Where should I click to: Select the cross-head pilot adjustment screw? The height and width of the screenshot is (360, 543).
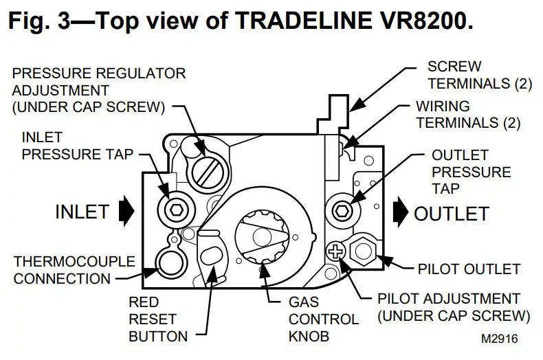point(337,251)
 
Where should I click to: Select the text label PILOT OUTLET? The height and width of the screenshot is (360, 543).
point(469,268)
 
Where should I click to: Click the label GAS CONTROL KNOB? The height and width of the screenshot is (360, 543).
point(313,319)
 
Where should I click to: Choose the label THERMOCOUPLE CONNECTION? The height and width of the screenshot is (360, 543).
point(62,270)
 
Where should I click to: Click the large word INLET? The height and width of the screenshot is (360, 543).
point(82,212)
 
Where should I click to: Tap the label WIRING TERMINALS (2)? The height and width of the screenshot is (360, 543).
point(467,115)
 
